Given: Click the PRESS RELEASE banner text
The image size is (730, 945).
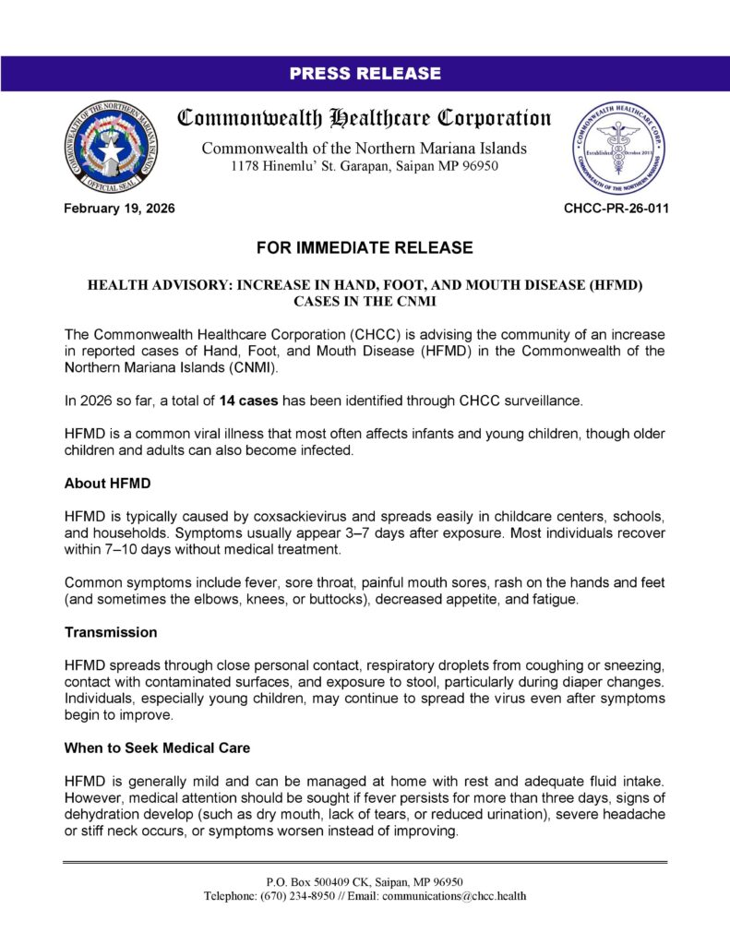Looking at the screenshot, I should (365, 74).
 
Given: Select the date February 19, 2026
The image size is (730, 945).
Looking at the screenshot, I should (119, 209).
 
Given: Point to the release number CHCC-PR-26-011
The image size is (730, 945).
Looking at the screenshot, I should (616, 209).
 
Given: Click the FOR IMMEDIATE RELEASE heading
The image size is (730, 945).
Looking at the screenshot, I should (365, 248).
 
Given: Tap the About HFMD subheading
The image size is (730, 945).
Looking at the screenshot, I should (107, 483).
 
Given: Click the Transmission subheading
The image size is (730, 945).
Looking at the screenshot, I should (111, 633).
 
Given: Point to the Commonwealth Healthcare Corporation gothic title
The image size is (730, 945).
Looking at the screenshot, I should (365, 119).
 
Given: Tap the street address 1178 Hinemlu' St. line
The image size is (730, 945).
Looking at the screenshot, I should (365, 166).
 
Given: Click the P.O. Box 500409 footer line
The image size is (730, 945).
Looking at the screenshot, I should (365, 881).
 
